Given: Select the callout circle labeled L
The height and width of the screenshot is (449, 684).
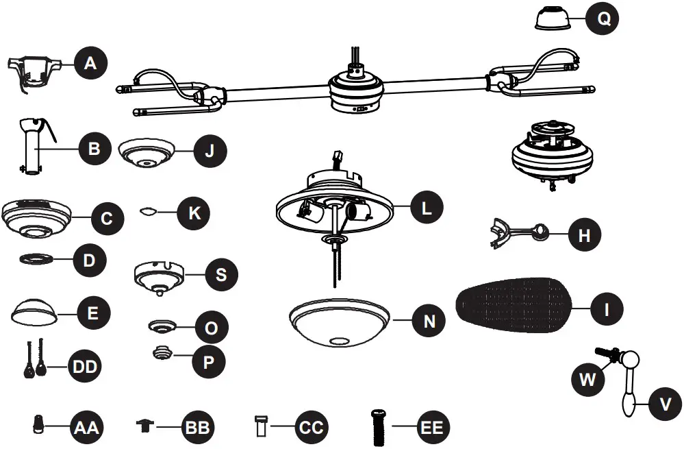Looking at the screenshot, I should [x=427, y=208].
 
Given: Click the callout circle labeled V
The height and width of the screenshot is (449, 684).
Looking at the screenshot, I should [x=664, y=404].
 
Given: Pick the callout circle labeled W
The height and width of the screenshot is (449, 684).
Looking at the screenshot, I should [x=587, y=379].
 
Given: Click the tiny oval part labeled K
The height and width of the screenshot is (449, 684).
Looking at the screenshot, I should [x=147, y=212].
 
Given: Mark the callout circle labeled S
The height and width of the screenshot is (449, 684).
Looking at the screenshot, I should [x=221, y=275].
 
